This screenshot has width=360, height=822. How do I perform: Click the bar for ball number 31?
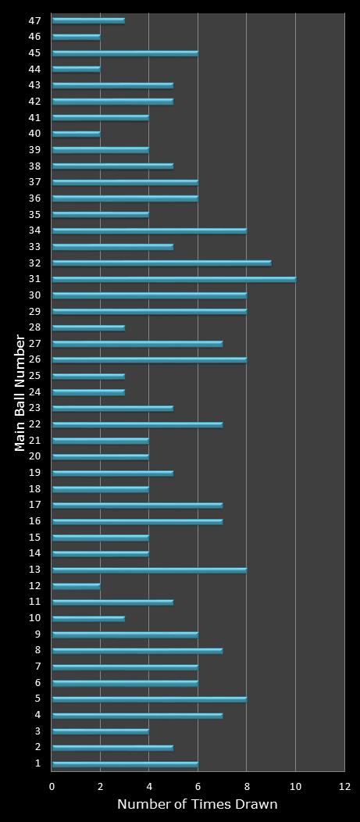coord(173,279)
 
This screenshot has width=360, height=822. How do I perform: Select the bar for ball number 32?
coord(162,263)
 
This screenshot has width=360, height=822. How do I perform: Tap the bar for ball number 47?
coord(88,20)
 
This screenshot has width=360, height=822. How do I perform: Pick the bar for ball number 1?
coord(125,763)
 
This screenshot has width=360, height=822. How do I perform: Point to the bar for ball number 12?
coord(76,585)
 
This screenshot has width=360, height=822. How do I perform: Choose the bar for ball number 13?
coord(149,570)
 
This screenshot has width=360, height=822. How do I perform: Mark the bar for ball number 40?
coord(76,134)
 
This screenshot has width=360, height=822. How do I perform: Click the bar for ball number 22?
coord(137,424)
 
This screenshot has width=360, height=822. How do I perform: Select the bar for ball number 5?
coord(149,699)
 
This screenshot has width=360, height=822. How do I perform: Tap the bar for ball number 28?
coord(88,327)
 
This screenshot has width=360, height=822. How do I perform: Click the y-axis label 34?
coord(35,231)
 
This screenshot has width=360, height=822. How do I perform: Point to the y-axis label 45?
coord(35,53)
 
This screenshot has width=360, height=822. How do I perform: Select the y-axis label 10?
coord(35,618)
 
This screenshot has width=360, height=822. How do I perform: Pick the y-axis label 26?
coord(35,359)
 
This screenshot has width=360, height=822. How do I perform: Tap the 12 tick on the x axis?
coord(344,786)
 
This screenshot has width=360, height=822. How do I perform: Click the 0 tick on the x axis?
coord(52,786)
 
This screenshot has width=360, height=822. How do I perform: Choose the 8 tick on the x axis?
coord(247,786)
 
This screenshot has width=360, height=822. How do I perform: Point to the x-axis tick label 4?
coord(149,786)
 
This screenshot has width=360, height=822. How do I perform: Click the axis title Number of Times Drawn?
coord(198,805)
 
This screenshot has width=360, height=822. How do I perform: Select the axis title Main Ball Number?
coord(20,392)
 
